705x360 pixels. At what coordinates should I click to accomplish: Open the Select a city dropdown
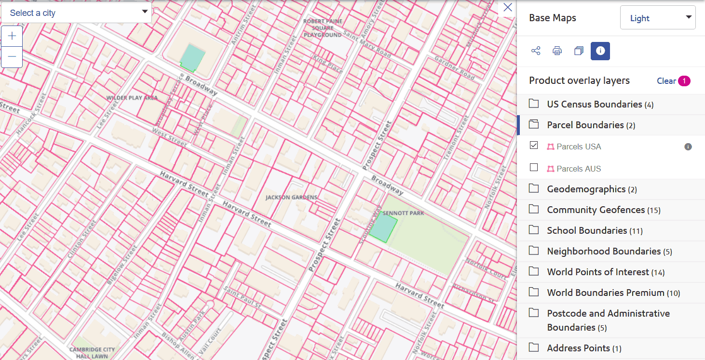(x=76, y=13)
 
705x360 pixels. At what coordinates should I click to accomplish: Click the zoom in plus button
(x=12, y=36)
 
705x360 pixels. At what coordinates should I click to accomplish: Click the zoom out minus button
(x=12, y=57)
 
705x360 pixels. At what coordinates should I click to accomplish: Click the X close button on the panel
(x=507, y=8)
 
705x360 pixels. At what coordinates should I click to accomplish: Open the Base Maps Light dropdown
(x=657, y=18)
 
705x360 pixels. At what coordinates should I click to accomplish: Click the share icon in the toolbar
(x=535, y=51)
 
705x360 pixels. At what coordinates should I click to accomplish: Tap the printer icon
(x=557, y=51)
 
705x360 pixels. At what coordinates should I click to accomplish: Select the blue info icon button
(x=600, y=51)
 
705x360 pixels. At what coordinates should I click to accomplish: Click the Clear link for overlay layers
(x=666, y=81)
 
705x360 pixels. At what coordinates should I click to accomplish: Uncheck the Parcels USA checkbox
(x=534, y=146)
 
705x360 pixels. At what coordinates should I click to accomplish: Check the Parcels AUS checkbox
(x=534, y=168)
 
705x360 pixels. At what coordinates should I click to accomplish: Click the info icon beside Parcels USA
(x=688, y=147)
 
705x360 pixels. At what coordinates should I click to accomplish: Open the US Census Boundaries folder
(x=594, y=105)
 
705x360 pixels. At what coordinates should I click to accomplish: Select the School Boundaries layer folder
(x=587, y=231)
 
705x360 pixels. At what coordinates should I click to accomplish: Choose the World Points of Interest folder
(x=598, y=272)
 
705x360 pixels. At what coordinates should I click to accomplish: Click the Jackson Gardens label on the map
(x=291, y=198)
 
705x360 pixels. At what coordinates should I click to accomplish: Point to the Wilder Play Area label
(x=132, y=98)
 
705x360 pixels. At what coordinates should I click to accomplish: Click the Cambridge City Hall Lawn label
(x=92, y=353)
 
